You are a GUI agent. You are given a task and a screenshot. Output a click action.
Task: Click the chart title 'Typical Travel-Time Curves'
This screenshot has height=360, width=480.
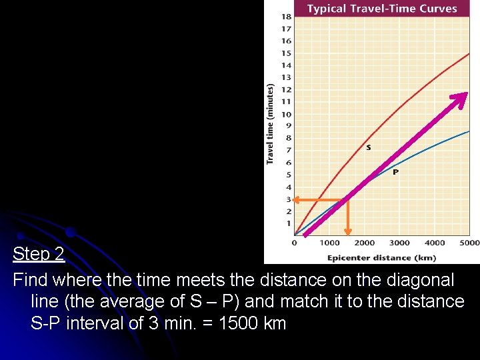[x=382, y=9]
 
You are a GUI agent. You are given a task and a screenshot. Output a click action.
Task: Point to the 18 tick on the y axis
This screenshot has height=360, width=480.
[x=286, y=16]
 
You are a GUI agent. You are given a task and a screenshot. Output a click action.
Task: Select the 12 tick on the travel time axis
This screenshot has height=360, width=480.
[x=286, y=89]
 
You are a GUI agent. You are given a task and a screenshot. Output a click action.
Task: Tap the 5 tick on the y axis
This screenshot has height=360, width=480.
[x=289, y=175]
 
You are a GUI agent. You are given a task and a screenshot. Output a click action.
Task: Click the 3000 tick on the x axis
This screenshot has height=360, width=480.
[x=399, y=243]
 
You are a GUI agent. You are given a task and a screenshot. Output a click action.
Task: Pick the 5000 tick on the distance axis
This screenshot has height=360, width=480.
[x=469, y=243]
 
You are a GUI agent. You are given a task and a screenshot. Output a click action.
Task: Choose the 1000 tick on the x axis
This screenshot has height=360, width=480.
[x=329, y=243]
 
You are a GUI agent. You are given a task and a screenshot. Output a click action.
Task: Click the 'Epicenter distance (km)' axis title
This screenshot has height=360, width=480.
[x=381, y=257]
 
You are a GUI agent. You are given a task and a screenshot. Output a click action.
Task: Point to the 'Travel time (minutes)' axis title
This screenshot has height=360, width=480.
[x=270, y=124]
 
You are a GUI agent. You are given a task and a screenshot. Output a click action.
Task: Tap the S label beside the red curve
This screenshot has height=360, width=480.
[x=369, y=147]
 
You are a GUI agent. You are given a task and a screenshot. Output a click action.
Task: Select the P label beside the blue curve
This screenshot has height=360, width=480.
[x=395, y=172]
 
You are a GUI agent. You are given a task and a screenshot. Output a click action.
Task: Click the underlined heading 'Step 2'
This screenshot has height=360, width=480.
[x=39, y=254]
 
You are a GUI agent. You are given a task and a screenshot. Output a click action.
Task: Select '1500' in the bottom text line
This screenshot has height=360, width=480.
[x=240, y=323]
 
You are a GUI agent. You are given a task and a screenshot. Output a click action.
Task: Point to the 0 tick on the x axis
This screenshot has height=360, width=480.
[x=294, y=243]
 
